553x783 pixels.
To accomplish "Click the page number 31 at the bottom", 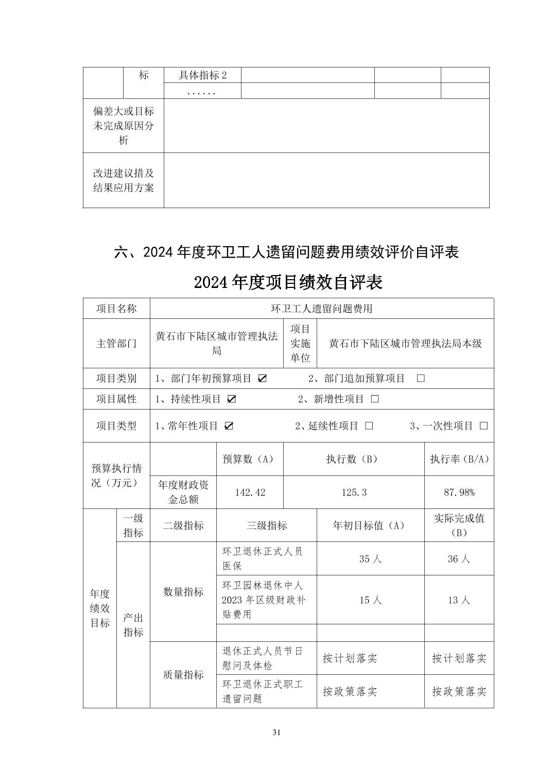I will (x=276, y=733).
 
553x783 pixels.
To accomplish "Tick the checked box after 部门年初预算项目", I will (x=262, y=379).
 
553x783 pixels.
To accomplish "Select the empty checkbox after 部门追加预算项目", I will (x=421, y=379).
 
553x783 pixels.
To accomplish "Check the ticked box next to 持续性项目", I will (x=232, y=399).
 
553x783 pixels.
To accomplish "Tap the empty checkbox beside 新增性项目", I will (x=375, y=399).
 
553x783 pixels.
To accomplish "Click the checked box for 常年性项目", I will (x=229, y=426).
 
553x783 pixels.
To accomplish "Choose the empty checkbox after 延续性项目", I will (x=369, y=426).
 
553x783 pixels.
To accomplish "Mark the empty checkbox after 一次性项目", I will (x=483, y=426).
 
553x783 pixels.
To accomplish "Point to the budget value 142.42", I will (x=250, y=492).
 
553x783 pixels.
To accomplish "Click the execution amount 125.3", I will (x=354, y=492).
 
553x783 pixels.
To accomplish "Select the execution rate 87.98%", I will (x=459, y=492).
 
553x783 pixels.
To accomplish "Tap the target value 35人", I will (x=370, y=559).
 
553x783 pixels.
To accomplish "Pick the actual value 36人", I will (x=459, y=559).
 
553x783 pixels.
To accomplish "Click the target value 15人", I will (x=370, y=600).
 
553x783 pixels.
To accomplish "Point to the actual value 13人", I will (x=459, y=600).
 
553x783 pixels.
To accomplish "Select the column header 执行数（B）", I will (x=354, y=459).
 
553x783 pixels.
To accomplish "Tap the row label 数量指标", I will (x=183, y=592).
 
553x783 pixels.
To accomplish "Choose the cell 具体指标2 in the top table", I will (x=202, y=75).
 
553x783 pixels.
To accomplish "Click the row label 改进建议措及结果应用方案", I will (x=124, y=180).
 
